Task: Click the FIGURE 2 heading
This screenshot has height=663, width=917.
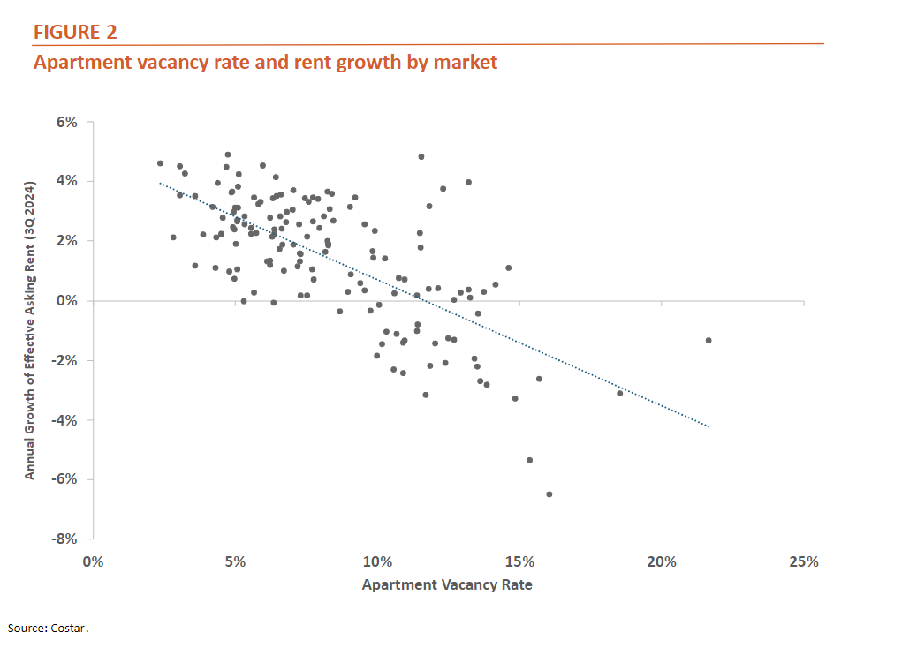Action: click(75, 33)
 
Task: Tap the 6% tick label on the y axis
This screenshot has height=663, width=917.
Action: click(67, 122)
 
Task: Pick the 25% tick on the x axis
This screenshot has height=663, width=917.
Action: click(804, 562)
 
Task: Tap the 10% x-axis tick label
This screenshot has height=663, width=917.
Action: click(377, 562)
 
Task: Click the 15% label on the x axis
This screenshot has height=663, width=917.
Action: click(519, 562)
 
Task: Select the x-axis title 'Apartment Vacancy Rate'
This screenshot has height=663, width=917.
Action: click(447, 584)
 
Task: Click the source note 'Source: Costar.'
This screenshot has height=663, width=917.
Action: click(49, 629)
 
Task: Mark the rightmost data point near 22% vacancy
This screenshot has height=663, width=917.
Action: click(709, 340)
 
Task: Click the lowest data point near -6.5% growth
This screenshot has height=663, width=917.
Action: click(549, 494)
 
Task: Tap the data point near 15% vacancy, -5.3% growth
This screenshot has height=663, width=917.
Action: click(529, 460)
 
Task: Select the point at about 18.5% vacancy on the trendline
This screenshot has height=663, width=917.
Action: click(619, 393)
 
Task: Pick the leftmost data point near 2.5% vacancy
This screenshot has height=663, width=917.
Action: click(160, 163)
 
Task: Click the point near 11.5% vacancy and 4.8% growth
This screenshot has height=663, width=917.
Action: click(421, 156)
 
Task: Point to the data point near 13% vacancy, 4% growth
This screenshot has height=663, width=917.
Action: click(468, 183)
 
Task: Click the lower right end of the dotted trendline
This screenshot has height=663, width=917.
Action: click(708, 426)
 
